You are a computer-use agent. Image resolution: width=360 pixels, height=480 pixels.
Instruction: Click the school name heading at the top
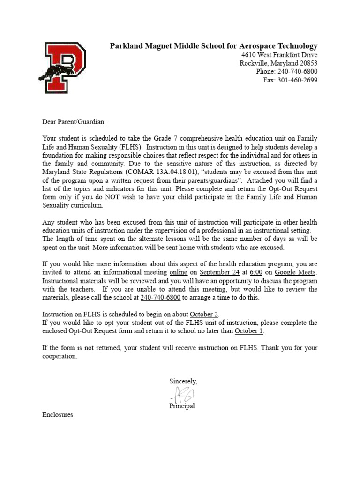(x=213, y=46)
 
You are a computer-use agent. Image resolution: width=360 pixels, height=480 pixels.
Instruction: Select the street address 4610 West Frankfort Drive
(x=276, y=55)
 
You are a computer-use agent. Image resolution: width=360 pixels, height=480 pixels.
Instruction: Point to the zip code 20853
(x=307, y=63)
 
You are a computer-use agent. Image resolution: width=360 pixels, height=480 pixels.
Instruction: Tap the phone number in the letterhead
(x=297, y=72)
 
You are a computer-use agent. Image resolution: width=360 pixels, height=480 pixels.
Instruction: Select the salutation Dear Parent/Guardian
(x=74, y=122)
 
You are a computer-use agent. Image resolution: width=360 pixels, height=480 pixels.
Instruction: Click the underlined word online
(x=178, y=272)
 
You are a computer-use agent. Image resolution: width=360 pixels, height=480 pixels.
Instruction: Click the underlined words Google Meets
(x=295, y=272)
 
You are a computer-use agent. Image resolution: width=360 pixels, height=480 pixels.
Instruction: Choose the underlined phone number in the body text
(x=161, y=298)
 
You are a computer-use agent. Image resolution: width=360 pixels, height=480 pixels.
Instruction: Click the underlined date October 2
(x=204, y=314)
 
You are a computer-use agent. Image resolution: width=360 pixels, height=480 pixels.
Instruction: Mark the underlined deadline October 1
(x=249, y=331)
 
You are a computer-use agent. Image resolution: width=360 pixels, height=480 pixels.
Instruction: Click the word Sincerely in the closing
(x=183, y=382)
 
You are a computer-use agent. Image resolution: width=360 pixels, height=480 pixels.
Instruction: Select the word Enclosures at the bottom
(x=58, y=415)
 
